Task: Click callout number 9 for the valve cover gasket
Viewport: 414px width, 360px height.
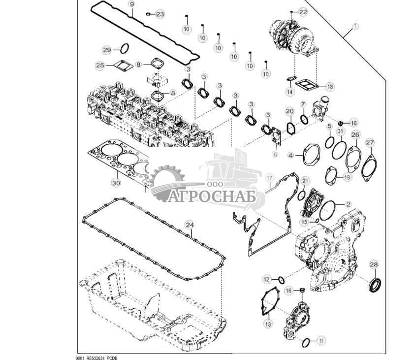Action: click(131, 4)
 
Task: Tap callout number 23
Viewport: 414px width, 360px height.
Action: click(160, 14)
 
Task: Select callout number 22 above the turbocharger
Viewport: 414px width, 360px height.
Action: click(303, 11)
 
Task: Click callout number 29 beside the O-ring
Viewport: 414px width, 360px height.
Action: click(107, 50)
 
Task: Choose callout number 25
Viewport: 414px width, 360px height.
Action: click(100, 65)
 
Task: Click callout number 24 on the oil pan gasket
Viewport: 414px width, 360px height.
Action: click(190, 225)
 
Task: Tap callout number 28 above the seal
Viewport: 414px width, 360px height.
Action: click(374, 265)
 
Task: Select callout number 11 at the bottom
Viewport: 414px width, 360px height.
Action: click(321, 340)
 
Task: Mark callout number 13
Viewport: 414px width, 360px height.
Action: click(268, 324)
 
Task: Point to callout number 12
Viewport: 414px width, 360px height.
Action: click(267, 280)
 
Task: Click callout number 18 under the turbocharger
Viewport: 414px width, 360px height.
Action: click(329, 86)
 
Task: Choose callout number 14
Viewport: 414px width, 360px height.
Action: click(289, 92)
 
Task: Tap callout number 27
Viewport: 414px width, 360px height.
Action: click(370, 143)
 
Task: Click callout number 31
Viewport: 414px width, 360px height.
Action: click(340, 131)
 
